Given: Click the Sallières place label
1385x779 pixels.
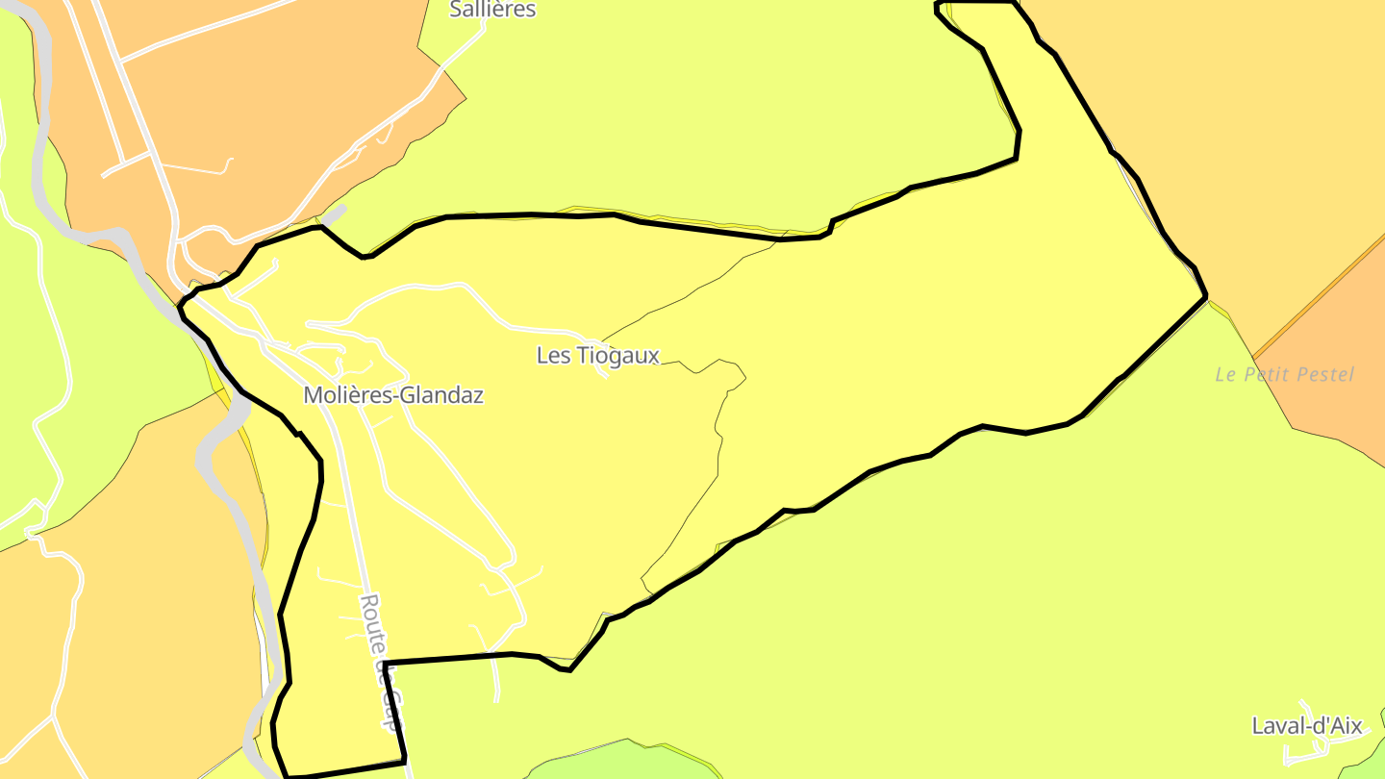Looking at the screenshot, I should (x=493, y=10).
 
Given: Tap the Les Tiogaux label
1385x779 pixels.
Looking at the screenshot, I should (x=597, y=356).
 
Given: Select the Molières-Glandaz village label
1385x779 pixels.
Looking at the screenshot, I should (x=392, y=395).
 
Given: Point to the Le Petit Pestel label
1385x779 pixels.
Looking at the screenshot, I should (x=1284, y=375).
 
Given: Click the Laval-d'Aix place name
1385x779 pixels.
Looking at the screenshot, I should (x=1306, y=726).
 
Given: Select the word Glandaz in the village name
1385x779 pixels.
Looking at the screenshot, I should (x=443, y=395).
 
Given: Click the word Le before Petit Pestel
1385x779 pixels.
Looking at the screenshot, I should (x=1225, y=375).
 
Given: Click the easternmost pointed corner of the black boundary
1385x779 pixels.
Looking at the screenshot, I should (x=1206, y=296).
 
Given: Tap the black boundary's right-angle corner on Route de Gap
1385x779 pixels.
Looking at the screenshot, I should (x=385, y=663).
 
